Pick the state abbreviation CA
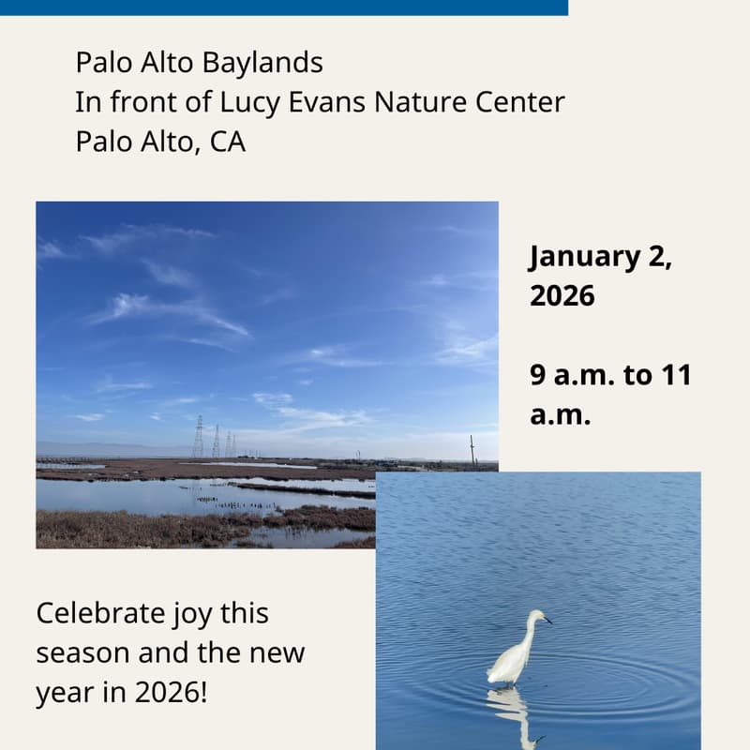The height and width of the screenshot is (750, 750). (x=227, y=142)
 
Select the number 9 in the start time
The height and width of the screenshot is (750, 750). (x=538, y=376)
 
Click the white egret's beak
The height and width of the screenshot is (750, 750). (x=547, y=620)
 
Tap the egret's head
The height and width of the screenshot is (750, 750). (x=537, y=616)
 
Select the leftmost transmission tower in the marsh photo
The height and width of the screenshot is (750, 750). (x=198, y=438)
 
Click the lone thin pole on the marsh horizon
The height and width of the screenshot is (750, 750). (x=472, y=449)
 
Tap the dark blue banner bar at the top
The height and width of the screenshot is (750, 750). (x=281, y=7)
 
